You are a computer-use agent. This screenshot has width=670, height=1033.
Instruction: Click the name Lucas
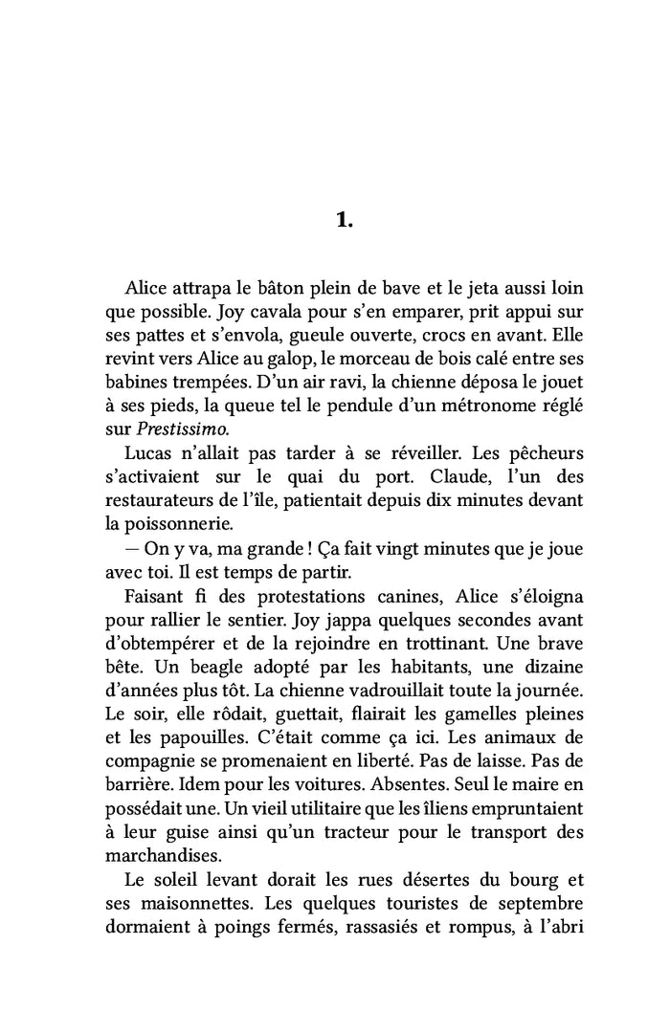pos(150,451)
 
